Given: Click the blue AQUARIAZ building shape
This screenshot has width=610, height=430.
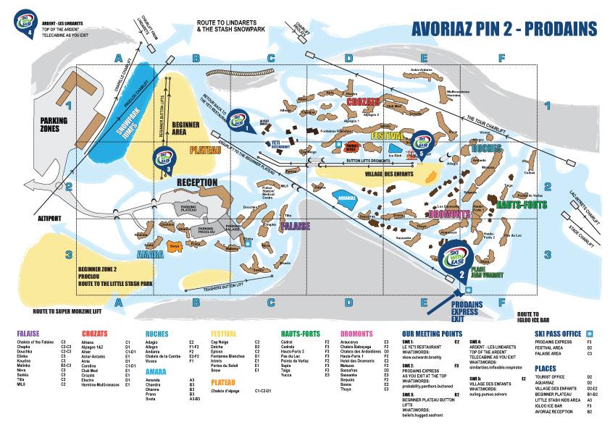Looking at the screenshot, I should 343,197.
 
